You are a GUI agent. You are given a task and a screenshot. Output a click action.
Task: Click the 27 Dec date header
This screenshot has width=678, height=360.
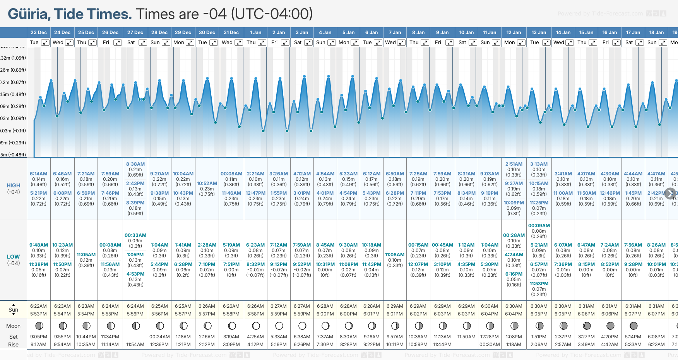click(x=135, y=33)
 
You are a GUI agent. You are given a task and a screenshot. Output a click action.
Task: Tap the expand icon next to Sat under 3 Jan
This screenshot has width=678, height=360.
click(x=308, y=43)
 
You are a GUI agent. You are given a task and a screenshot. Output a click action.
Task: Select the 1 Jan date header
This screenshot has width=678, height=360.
click(x=255, y=33)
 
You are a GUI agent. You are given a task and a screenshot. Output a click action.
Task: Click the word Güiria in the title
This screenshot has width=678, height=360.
click(x=29, y=14)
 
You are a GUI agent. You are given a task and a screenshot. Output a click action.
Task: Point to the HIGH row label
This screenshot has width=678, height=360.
click(x=13, y=185)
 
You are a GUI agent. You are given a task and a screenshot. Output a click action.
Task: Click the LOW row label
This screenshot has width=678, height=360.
click(x=13, y=257)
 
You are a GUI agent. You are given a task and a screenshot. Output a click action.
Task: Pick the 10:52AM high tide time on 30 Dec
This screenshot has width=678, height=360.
click(x=207, y=183)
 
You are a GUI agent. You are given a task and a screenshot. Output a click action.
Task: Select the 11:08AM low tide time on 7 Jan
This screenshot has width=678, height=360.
click(x=395, y=255)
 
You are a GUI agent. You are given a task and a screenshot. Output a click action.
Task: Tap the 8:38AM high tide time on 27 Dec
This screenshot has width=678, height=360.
click(x=135, y=164)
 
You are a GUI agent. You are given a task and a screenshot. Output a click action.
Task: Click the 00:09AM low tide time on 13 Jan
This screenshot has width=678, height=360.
click(x=539, y=226)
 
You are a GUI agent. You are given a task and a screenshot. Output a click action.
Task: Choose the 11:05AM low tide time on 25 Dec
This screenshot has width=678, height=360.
click(x=86, y=255)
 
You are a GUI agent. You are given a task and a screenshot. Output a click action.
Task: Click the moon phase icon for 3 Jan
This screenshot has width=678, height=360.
click(x=302, y=326)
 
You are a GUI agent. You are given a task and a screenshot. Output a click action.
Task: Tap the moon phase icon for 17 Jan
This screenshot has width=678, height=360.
click(x=633, y=326)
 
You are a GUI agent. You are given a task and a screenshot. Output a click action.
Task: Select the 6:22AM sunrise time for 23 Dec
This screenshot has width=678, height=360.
click(x=38, y=306)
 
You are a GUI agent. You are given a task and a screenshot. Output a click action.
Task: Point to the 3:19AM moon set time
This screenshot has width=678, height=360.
click(x=232, y=337)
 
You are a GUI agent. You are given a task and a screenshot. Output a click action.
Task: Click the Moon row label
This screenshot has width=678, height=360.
click(x=13, y=326)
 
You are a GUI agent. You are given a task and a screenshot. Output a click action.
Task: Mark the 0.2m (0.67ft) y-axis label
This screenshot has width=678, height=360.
click(x=13, y=82)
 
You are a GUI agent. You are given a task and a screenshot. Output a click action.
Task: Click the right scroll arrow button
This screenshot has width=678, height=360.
click(x=670, y=194)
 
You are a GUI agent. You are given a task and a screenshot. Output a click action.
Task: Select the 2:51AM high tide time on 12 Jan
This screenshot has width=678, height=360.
click(x=514, y=164)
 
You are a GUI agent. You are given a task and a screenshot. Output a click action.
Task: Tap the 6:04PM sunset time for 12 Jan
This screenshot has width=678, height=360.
click(x=514, y=314)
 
